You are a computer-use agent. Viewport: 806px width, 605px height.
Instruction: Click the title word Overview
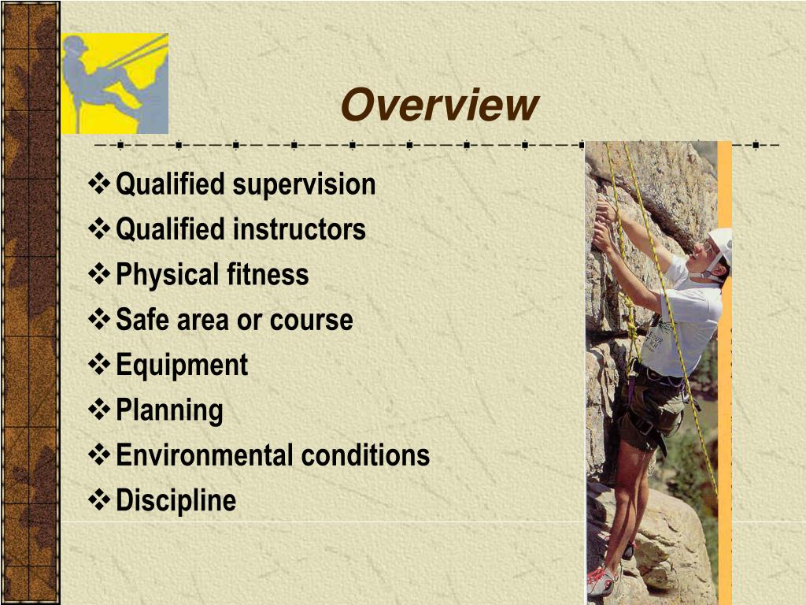[x=439, y=106]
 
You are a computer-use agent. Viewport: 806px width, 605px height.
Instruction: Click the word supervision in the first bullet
[x=304, y=184]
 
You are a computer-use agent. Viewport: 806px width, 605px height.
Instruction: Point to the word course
[x=311, y=320]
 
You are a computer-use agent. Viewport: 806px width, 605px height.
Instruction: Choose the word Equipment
[x=182, y=366]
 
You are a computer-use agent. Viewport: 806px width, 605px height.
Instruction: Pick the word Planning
[x=169, y=410]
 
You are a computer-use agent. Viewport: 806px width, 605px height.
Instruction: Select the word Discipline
[x=176, y=500]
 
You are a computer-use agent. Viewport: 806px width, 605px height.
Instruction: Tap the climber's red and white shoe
[x=601, y=581]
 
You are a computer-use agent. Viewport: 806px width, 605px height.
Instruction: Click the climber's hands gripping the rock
[x=604, y=225]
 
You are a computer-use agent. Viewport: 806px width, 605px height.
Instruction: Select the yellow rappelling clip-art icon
[x=115, y=84]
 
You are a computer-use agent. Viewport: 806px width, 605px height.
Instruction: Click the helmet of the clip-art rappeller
[x=76, y=45]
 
